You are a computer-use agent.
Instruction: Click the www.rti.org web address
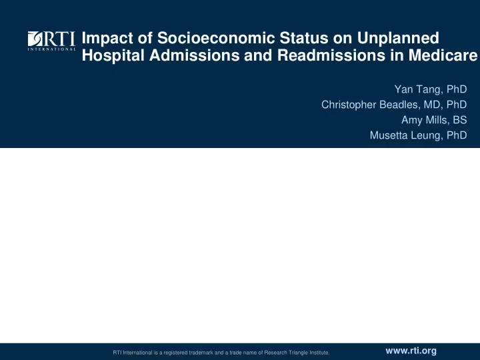[411, 351]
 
